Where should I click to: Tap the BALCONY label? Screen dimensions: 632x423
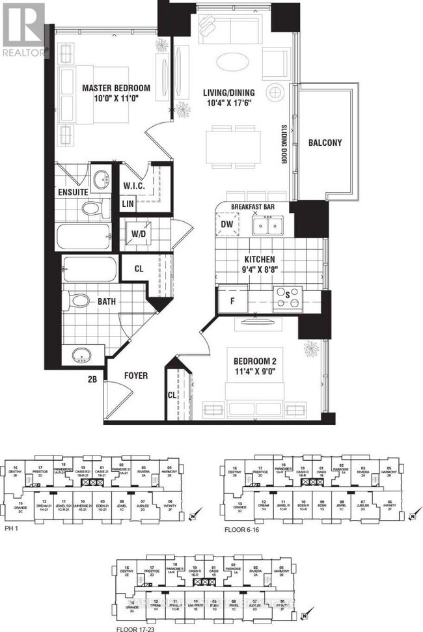325,143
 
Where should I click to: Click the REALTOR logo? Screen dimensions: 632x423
24,29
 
